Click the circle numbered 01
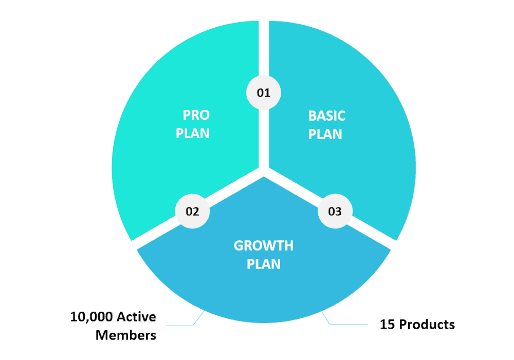click(264, 93)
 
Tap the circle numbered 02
click(192, 211)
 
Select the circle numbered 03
click(335, 211)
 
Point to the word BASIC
click(327, 116)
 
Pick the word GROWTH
click(264, 245)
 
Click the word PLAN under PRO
click(193, 134)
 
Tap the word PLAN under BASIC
click(325, 134)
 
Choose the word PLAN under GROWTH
click(264, 264)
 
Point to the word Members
click(126, 336)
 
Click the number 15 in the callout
click(387, 325)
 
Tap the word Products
click(427, 325)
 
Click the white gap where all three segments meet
click(264, 170)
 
